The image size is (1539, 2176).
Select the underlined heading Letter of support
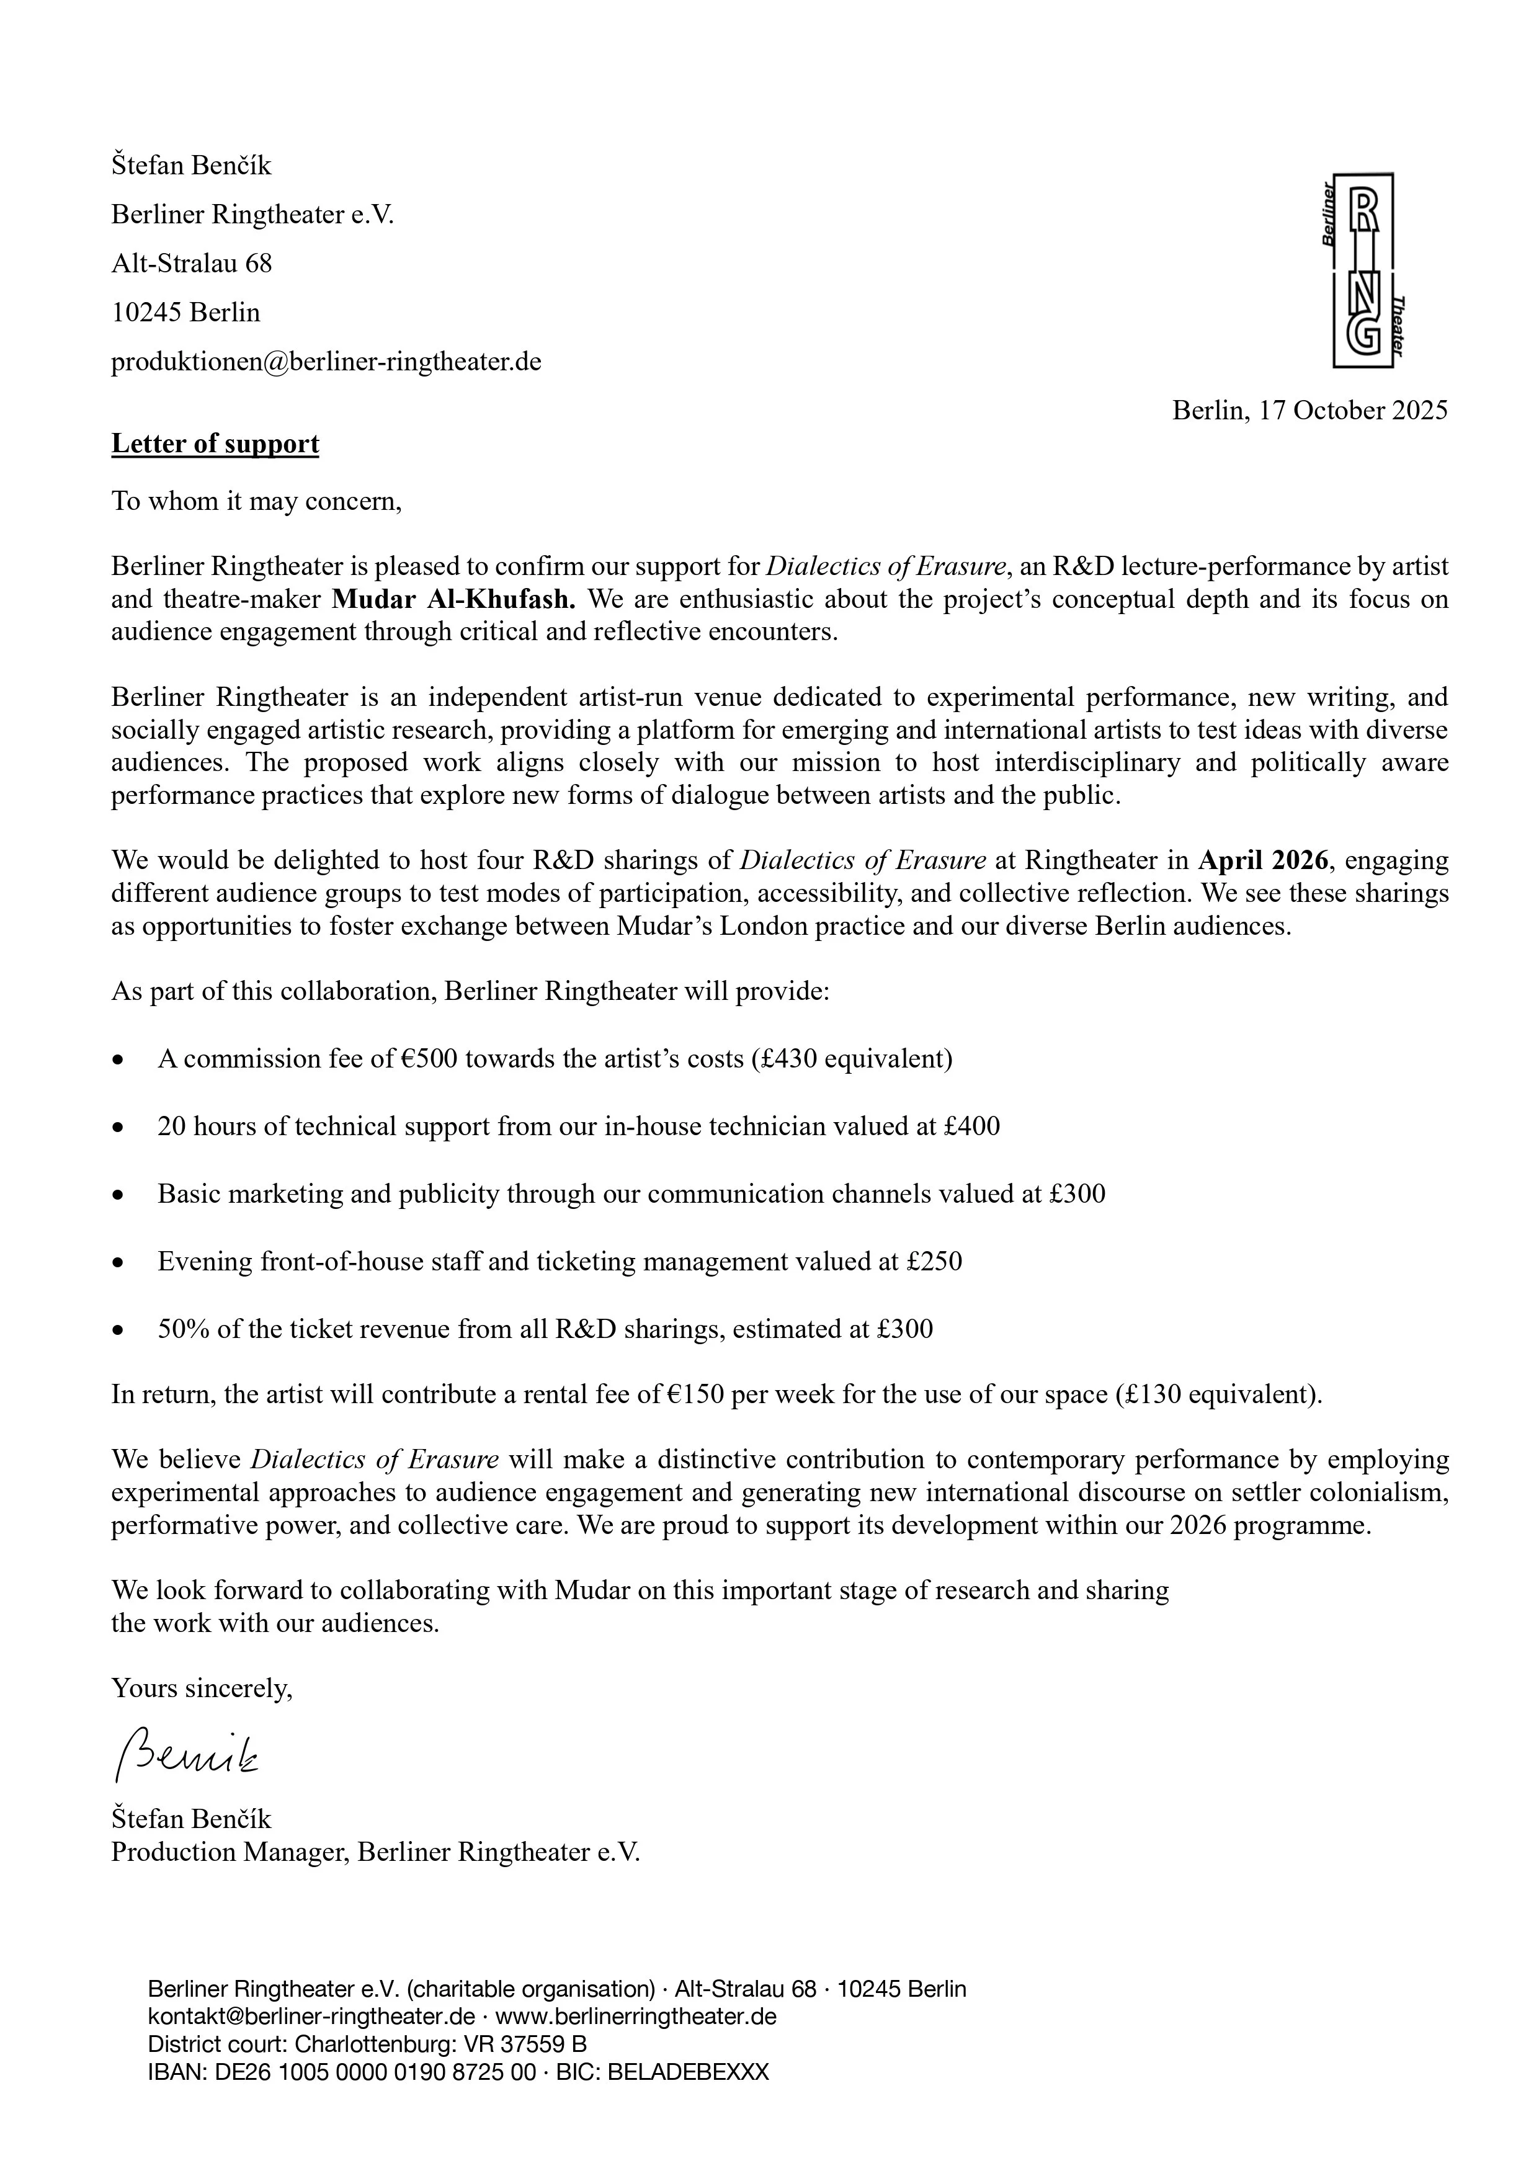(215, 444)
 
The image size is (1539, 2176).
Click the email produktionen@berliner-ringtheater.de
(326, 362)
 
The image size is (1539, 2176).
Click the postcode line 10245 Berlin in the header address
(185, 313)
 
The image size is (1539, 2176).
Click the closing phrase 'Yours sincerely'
(202, 1688)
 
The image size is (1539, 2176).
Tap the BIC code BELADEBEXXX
(688, 2072)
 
